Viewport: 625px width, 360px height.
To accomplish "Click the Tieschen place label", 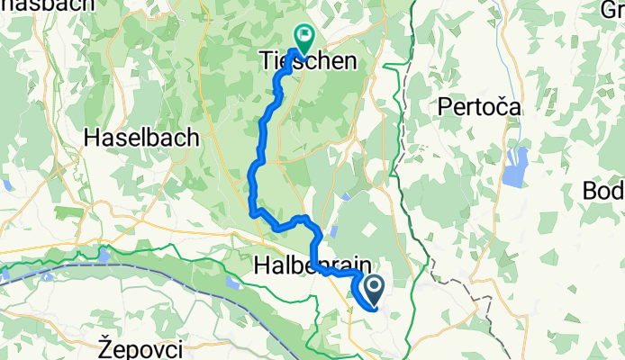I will click(306, 61).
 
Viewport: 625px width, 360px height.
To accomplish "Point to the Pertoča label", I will click(479, 107).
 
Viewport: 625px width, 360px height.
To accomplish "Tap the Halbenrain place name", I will click(306, 265).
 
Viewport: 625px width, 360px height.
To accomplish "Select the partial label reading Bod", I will click(604, 191).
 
